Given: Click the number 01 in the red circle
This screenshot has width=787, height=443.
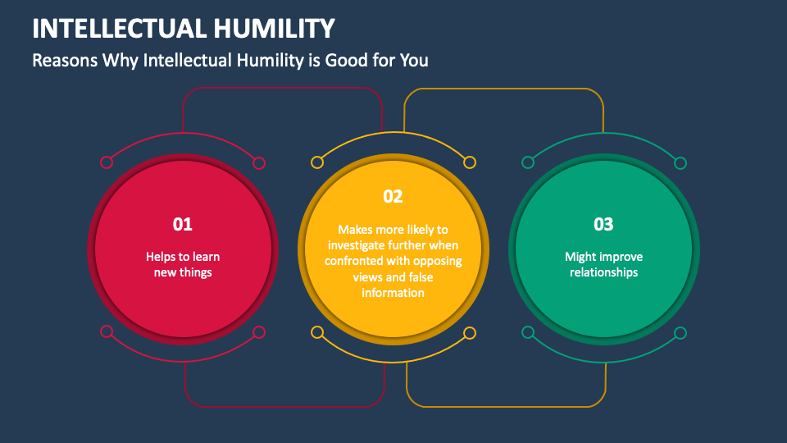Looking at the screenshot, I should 182,224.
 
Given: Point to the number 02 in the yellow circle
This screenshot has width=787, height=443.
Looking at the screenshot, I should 393,196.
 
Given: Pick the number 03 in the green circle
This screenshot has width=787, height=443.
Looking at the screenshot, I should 603,224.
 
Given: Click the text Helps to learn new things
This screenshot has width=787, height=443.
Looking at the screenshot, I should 183,264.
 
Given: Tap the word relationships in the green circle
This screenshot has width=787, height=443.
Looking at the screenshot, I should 603,272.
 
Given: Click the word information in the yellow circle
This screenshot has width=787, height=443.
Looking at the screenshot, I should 393,292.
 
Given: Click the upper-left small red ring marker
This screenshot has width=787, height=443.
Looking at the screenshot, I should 106,162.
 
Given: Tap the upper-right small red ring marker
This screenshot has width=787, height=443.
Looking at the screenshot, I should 259,162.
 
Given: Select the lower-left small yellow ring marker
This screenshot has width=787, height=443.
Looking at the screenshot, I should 317,332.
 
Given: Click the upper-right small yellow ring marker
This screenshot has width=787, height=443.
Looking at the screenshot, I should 470,162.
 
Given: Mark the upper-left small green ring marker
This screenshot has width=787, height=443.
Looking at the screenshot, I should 528,162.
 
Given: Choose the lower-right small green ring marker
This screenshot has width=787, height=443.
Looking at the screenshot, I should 680,332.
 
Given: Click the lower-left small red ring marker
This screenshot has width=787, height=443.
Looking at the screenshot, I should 106,332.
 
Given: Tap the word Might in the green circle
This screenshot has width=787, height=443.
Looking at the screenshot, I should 580,257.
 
